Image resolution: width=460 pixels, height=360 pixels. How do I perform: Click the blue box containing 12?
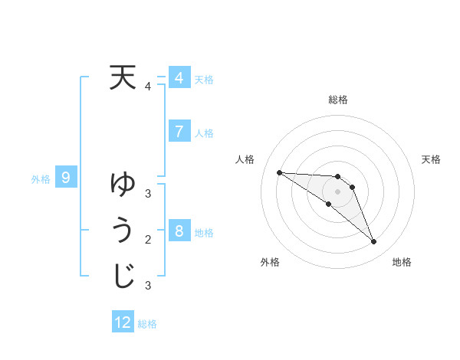(x=123, y=322)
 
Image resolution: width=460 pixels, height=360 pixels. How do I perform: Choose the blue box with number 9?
(x=66, y=178)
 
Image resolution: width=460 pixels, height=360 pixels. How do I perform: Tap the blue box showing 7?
(x=179, y=131)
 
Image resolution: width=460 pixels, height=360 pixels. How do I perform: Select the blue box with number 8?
(x=179, y=231)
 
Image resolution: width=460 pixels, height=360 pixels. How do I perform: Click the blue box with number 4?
(x=179, y=78)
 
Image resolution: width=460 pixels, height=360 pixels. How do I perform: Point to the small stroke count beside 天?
(x=148, y=87)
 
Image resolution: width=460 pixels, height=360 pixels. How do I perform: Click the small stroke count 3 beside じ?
(x=148, y=286)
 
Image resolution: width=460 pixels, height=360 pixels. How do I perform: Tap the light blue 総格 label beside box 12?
(x=147, y=324)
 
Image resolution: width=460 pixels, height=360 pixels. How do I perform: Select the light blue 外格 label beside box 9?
(x=41, y=179)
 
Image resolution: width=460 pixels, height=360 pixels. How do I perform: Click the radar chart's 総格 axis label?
(x=337, y=100)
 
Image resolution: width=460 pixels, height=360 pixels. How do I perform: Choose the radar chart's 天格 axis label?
(x=432, y=159)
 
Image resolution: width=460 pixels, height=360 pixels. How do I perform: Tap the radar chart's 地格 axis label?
(x=402, y=262)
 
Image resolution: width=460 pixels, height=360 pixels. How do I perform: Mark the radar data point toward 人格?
(x=279, y=172)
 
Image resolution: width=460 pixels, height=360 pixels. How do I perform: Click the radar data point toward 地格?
(x=373, y=242)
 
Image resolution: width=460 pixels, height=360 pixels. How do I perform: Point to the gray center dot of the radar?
(x=337, y=191)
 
